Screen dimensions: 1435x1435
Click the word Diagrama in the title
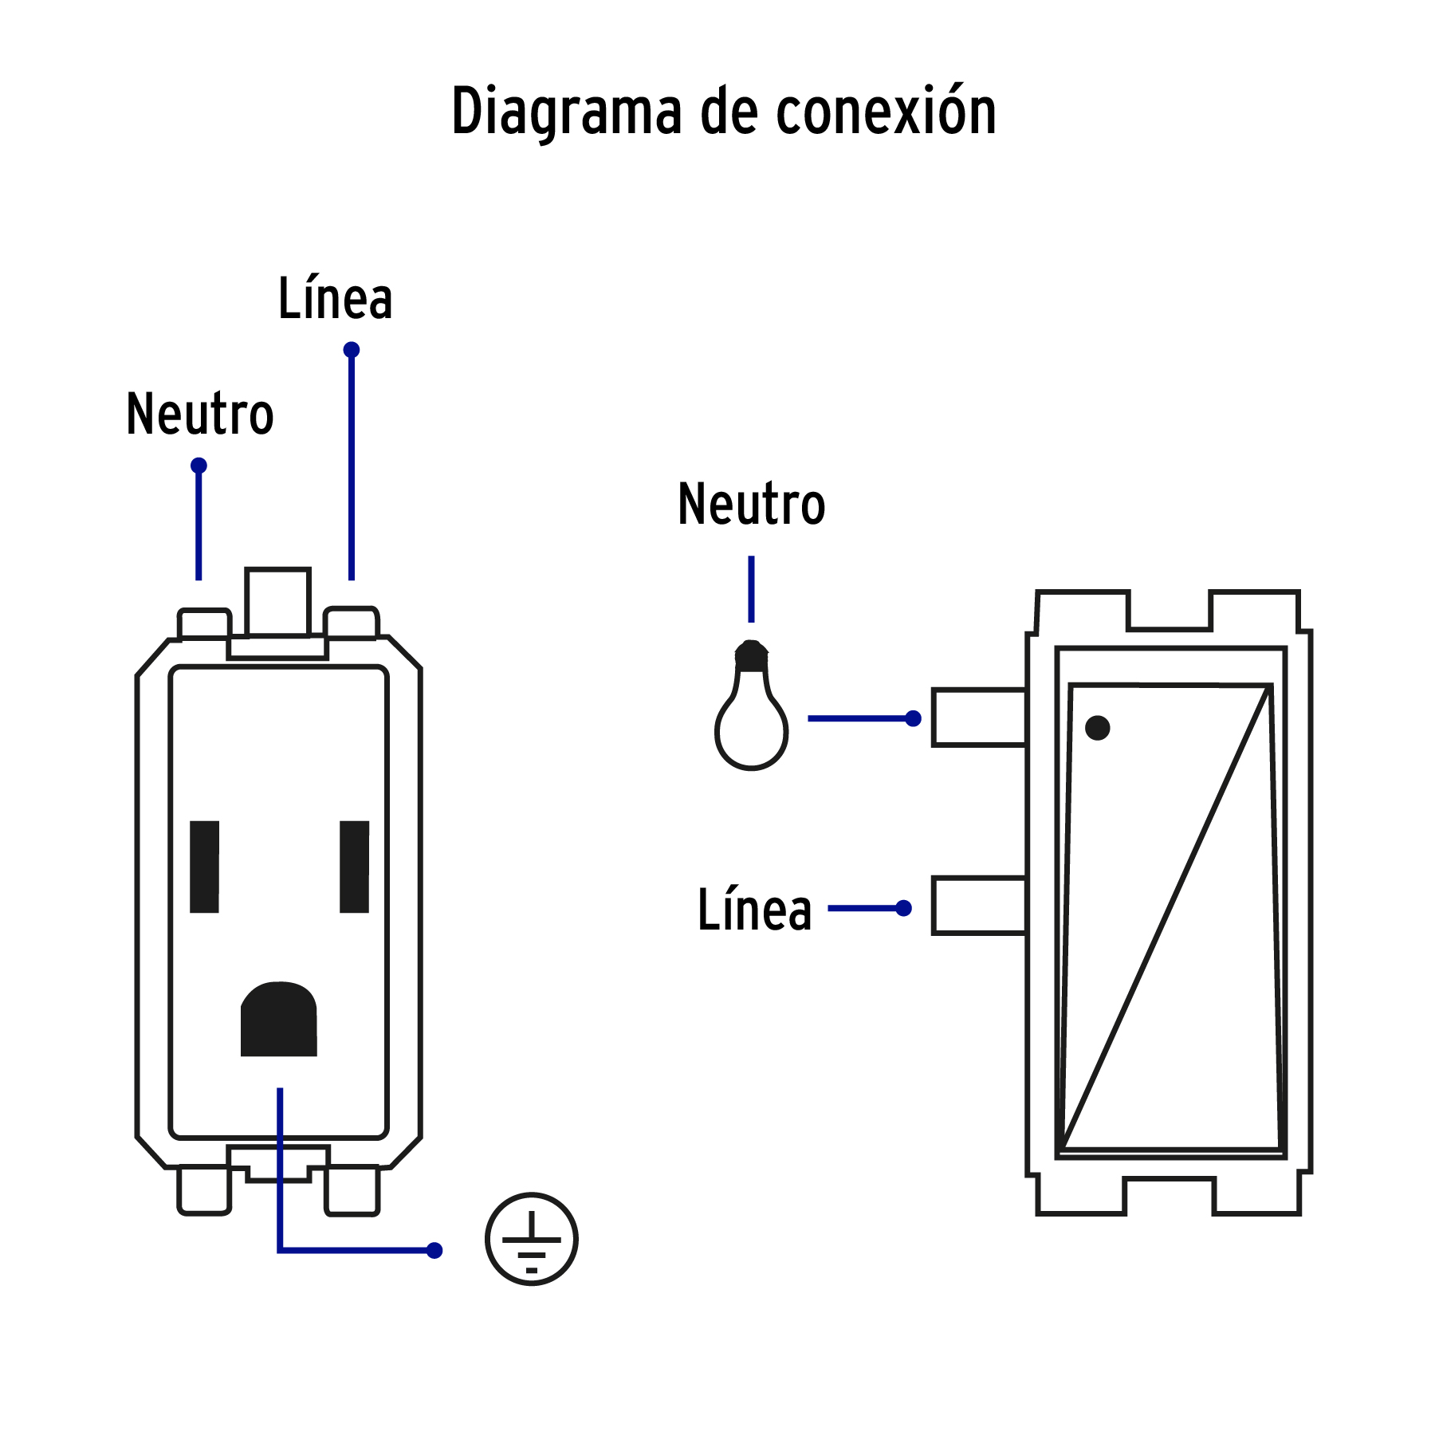tap(566, 112)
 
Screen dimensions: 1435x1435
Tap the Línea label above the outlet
tap(335, 299)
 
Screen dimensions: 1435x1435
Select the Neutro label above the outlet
tap(200, 415)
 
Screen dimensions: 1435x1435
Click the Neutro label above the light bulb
tap(751, 505)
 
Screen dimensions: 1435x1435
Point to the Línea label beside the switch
tap(754, 910)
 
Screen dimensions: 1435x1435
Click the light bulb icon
tap(751, 710)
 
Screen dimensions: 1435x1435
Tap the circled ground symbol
tap(532, 1239)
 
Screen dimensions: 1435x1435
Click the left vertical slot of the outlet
tap(204, 867)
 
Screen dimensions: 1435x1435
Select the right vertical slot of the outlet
tap(354, 867)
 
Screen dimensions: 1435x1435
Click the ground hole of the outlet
tap(279, 1020)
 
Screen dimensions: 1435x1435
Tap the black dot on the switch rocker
tap(1098, 727)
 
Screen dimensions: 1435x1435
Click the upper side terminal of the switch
tap(979, 717)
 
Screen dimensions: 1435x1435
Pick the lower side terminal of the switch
tap(979, 906)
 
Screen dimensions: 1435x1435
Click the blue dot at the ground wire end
tap(434, 1250)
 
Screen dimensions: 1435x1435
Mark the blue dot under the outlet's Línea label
tap(352, 350)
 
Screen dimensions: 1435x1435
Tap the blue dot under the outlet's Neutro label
tap(199, 466)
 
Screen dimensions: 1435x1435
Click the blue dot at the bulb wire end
tap(914, 719)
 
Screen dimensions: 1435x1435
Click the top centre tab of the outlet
tap(277, 602)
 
